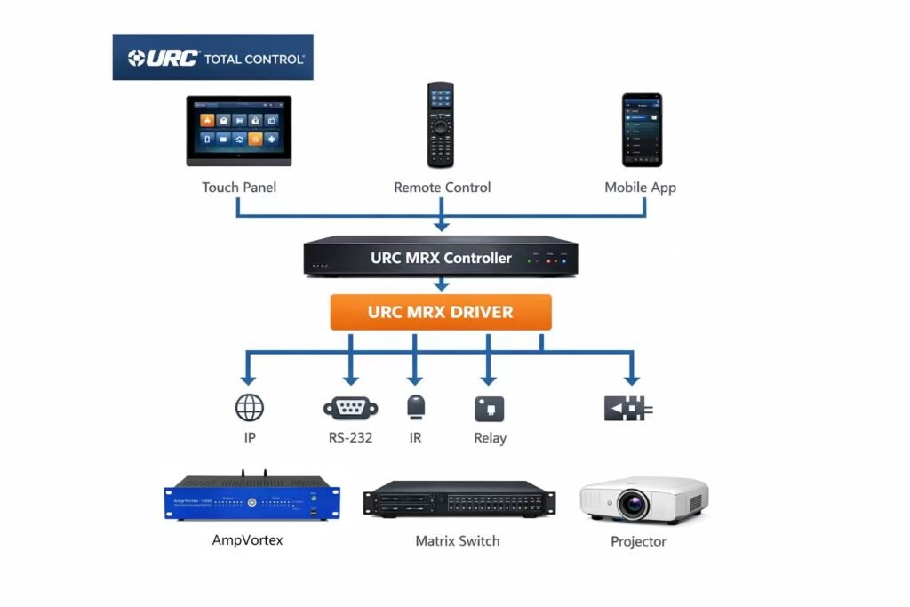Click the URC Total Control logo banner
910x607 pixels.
tap(212, 58)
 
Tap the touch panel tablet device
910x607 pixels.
tap(238, 131)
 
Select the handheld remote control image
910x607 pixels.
tap(440, 124)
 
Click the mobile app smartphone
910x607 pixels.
tap(641, 130)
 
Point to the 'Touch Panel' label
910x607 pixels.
tap(238, 188)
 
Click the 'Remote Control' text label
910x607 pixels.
tap(442, 188)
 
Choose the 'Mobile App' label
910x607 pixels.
tap(640, 188)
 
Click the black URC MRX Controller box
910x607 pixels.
tap(441, 258)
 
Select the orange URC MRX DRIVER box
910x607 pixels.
tap(441, 313)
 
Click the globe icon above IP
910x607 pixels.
tap(250, 408)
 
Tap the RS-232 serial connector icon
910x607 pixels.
tap(350, 408)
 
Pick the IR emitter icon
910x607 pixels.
tap(416, 408)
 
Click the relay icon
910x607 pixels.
tap(490, 409)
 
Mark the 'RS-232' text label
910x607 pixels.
tap(350, 438)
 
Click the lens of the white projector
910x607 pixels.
tap(633, 505)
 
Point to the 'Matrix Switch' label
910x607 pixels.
tap(458, 541)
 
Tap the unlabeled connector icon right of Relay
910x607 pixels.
tap(628, 409)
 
